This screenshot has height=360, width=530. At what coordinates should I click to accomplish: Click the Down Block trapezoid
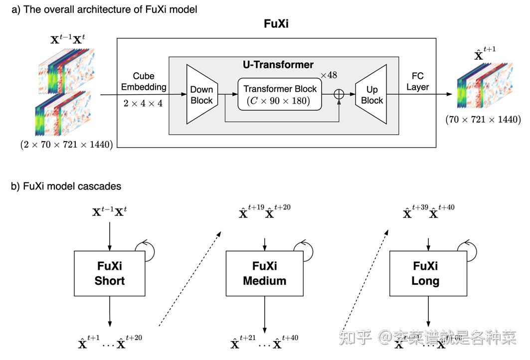[201, 94]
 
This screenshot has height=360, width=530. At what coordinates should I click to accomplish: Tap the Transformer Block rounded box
[280, 94]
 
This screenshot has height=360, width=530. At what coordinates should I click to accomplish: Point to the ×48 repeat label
[329, 75]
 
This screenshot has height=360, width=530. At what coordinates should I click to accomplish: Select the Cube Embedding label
[143, 82]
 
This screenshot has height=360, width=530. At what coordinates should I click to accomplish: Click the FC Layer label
[417, 82]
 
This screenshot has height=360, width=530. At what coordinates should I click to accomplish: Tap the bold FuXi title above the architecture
[277, 24]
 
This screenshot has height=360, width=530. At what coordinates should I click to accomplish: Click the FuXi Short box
[109, 273]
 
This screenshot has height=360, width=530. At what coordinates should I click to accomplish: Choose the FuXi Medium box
[264, 273]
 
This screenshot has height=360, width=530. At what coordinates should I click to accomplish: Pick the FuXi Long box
[425, 273]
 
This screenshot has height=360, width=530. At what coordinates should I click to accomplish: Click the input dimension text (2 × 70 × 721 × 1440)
[66, 145]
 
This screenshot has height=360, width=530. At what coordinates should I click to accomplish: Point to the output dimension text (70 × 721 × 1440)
[483, 120]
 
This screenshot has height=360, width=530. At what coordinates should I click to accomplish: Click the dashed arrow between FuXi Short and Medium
[190, 277]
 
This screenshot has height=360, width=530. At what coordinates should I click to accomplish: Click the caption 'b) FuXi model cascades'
[66, 186]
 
